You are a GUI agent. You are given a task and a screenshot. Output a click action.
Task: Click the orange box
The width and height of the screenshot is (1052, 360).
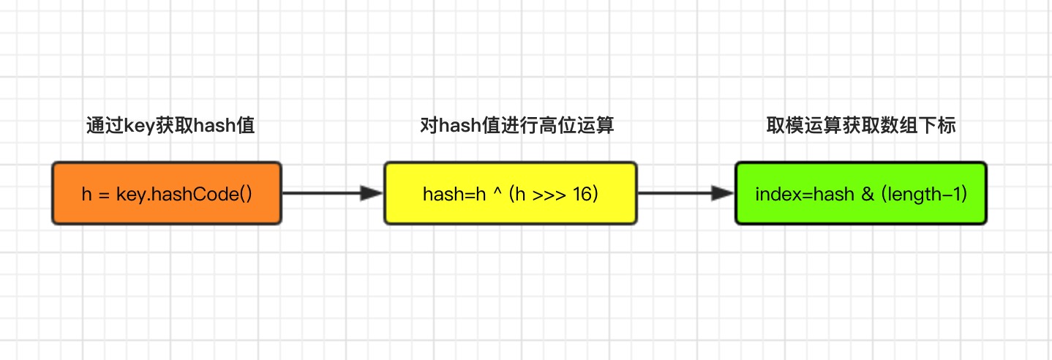[167, 193]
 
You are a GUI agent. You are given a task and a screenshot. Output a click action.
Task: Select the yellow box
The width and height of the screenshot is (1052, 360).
[511, 193]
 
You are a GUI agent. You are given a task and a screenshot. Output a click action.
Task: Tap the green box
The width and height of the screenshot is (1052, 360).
[860, 193]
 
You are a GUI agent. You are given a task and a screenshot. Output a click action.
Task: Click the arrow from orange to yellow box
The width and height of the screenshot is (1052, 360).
[329, 193]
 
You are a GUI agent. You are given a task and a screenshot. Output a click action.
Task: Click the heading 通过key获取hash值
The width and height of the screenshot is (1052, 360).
[170, 126]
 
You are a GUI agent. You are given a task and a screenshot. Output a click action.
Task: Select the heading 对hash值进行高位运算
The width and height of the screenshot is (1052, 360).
[517, 126]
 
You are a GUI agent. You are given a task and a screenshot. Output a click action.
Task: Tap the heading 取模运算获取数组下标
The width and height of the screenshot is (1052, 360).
[861, 126]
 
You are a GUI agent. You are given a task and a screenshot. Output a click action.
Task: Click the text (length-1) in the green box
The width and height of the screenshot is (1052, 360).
[923, 195]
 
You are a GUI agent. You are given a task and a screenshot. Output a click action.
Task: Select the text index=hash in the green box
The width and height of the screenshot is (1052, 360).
[805, 195]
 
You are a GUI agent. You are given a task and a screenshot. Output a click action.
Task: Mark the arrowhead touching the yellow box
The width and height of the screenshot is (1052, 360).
[373, 193]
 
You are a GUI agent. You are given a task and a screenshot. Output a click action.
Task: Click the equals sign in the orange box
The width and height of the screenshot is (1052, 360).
[104, 195]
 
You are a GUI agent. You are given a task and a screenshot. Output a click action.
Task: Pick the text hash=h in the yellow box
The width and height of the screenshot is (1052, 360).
[453, 195]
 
